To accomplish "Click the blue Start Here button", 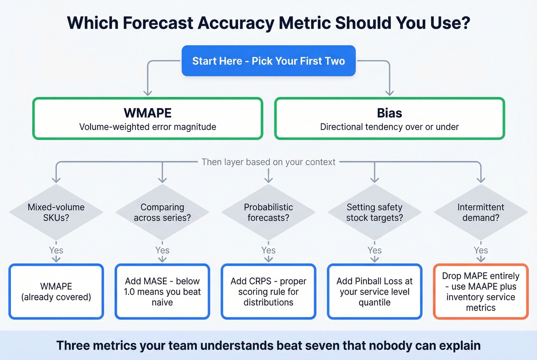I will pyautogui.click(x=268, y=61).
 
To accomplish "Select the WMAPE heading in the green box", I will pyautogui.click(x=148, y=113).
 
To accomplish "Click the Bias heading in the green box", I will pyautogui.click(x=389, y=113).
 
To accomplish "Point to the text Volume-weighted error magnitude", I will pyautogui.click(x=148, y=127).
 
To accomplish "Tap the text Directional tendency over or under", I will pyautogui.click(x=389, y=127).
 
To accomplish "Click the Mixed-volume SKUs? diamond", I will pyautogui.click(x=56, y=212).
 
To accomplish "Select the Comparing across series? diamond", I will pyautogui.click(x=162, y=212).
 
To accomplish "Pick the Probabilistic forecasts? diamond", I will pyautogui.click(x=268, y=212).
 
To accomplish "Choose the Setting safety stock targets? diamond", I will pyautogui.click(x=374, y=212).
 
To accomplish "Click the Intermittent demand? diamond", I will pyautogui.click(x=481, y=212).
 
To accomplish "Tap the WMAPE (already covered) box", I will pyautogui.click(x=56, y=291).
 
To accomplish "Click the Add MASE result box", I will pyautogui.click(x=162, y=291).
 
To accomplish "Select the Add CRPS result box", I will pyautogui.click(x=268, y=291).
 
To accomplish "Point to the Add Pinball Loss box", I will pyautogui.click(x=374, y=291).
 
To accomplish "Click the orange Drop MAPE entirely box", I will pyautogui.click(x=481, y=291).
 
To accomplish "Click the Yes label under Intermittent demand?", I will pyautogui.click(x=481, y=250).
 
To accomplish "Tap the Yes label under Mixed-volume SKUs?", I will pyautogui.click(x=56, y=250).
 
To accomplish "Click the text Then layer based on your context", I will pyautogui.click(x=268, y=162).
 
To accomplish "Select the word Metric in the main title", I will pyautogui.click(x=305, y=23).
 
